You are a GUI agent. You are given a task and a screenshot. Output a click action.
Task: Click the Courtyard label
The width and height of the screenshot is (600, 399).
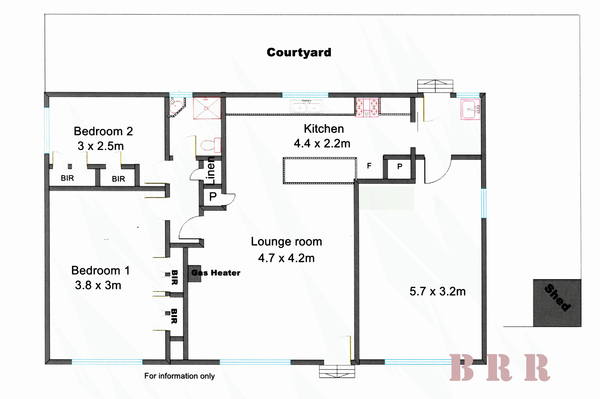pos(299,52)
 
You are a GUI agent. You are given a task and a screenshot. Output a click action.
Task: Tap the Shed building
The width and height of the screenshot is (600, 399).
pos(557,303)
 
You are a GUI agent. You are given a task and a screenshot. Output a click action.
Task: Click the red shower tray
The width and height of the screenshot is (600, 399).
pos(207,108)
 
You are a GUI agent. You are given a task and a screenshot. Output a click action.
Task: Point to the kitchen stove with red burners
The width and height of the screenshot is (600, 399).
pos(367,107)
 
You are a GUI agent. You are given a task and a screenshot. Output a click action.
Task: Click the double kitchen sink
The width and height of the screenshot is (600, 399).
pos(307,107)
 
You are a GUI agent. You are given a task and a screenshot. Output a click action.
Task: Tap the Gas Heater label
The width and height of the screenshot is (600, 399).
pos(216,273)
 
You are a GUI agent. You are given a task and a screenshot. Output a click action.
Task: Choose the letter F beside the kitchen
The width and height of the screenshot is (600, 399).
pos(369,166)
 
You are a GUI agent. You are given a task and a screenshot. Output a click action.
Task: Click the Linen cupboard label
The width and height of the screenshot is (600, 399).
pos(211,171)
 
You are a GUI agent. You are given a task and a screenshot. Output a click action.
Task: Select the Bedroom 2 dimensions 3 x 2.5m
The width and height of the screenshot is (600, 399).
pos(101,146)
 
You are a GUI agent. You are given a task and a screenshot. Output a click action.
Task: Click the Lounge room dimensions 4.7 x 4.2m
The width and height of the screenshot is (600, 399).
pos(286,258)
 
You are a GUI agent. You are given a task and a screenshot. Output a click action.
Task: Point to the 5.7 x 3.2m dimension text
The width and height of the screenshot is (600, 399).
pos(437,292)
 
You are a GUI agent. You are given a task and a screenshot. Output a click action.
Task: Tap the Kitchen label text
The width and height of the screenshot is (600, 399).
pos(324,129)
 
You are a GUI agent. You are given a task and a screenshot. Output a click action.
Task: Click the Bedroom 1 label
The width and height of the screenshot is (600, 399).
pos(100,271)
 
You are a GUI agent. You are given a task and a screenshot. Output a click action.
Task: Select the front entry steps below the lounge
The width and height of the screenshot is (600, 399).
pos(337,372)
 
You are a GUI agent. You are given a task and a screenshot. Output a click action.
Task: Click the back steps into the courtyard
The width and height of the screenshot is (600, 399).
pos(435,86)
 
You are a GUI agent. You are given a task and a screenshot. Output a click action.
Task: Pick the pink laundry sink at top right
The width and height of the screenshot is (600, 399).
pos(471,109)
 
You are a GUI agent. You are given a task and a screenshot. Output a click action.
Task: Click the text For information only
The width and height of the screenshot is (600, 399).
pos(179,376)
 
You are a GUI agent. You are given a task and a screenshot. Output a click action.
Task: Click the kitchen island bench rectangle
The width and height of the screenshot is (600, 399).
pos(320,171)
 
